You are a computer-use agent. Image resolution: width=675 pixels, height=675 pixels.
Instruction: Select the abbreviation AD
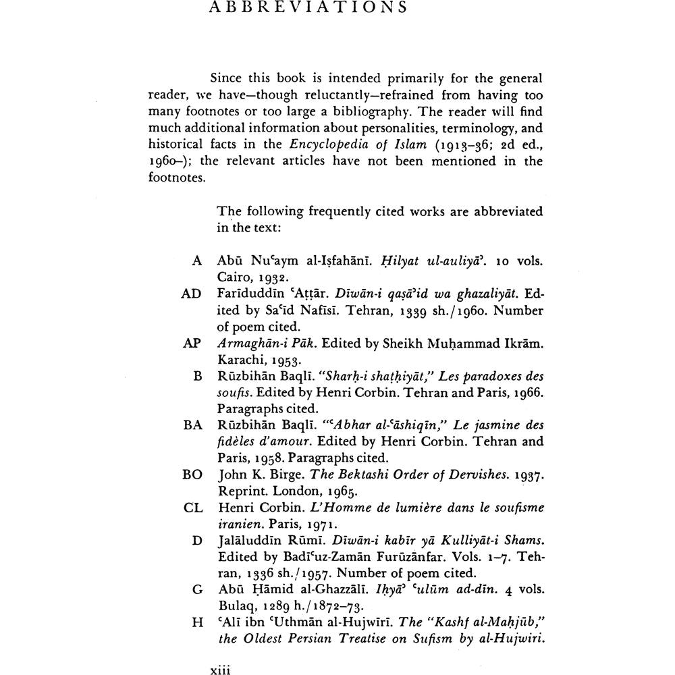click(x=192, y=294)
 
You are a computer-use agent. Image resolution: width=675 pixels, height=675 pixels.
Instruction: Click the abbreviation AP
click(x=192, y=343)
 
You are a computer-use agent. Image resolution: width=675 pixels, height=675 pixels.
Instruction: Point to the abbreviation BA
click(x=192, y=425)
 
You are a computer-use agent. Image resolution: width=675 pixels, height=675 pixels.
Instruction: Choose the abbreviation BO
click(x=192, y=475)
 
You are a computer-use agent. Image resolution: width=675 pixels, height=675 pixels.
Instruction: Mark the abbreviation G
click(x=198, y=589)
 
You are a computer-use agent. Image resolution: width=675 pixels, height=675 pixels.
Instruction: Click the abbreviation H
click(x=198, y=622)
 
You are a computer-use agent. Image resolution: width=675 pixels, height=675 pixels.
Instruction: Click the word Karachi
click(x=240, y=360)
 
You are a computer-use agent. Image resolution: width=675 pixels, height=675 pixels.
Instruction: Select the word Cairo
click(x=234, y=277)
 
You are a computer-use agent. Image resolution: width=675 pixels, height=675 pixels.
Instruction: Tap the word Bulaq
click(x=236, y=605)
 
